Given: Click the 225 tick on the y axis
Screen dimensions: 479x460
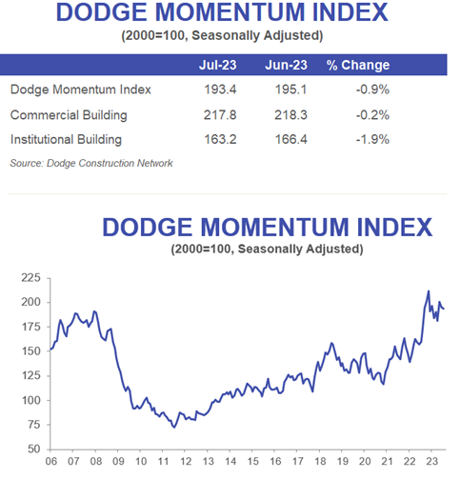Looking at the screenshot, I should pyautogui.click(x=31, y=277).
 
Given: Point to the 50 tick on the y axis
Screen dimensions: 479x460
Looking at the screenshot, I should pyautogui.click(x=35, y=449).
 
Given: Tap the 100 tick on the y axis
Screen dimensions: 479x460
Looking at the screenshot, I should pyautogui.click(x=31, y=400).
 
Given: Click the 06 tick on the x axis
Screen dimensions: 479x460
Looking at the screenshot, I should pyautogui.click(x=51, y=464).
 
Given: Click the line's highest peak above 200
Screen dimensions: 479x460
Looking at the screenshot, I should pyautogui.click(x=428, y=291).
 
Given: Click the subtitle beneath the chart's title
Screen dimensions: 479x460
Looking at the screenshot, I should pyautogui.click(x=269, y=250).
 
